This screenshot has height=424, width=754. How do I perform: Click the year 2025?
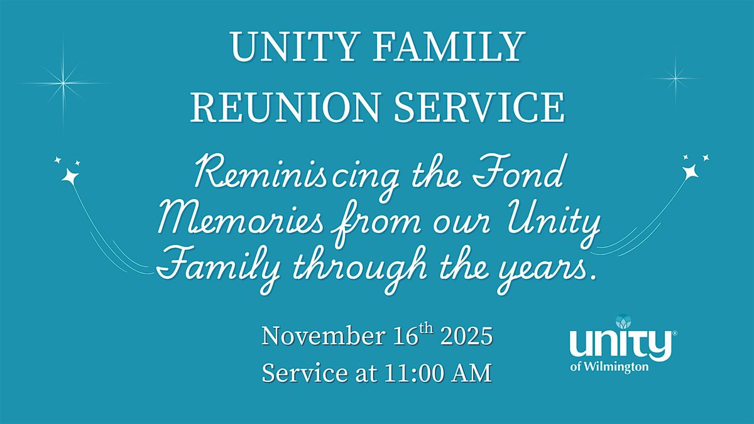466,335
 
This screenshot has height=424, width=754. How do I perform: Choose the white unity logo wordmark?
618,346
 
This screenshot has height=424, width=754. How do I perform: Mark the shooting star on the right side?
690,169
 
